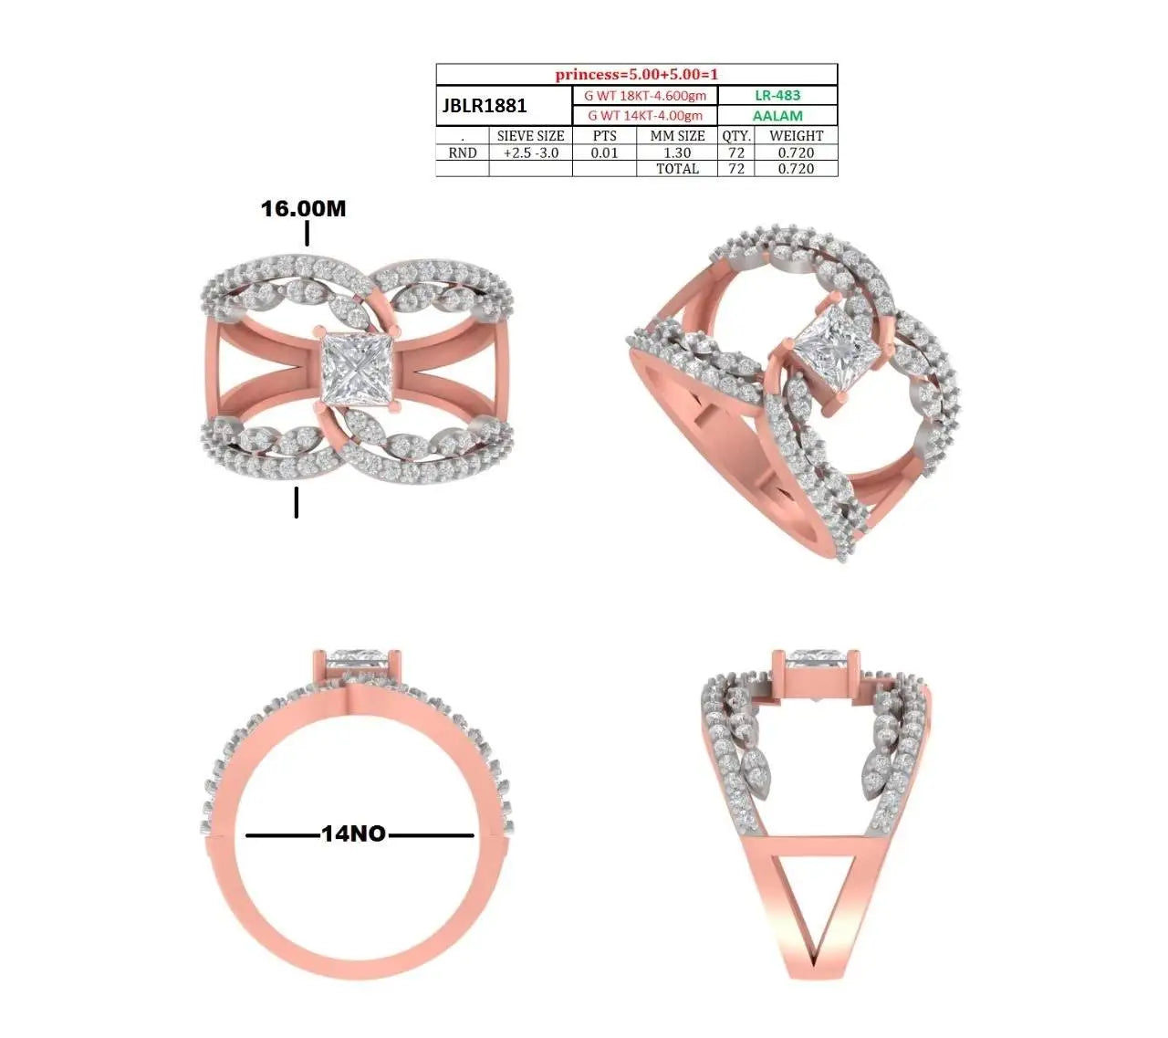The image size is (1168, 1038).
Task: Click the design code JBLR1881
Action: tap(485, 106)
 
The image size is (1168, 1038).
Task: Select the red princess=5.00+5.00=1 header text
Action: tap(636, 75)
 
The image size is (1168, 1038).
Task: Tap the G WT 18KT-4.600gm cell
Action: tap(644, 96)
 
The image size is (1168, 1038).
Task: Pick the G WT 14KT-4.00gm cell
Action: tap(645, 115)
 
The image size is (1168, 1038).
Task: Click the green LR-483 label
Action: tap(777, 95)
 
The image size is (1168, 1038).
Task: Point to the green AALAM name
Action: tap(777, 115)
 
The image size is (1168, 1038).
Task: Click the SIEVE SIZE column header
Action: tap(530, 136)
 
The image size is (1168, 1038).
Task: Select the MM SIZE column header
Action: tap(677, 136)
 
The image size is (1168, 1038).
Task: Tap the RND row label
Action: tap(463, 152)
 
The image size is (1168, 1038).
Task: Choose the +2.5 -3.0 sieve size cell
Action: tap(530, 152)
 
